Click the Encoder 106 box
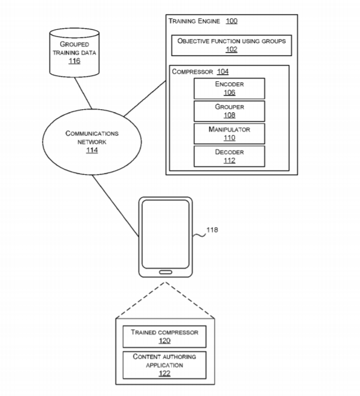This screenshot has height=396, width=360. point(229,88)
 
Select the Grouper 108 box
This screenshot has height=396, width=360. point(229,111)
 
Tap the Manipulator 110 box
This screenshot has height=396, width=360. point(229,134)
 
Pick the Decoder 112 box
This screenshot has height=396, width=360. point(229,157)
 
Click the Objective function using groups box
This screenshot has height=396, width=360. point(231,46)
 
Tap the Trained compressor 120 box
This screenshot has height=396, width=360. point(164,336)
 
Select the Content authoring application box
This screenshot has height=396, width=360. point(164,364)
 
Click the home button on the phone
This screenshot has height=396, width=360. point(165,272)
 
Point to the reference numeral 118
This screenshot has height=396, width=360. point(212,230)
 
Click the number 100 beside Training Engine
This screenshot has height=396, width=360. point(231,21)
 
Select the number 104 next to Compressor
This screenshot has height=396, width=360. point(222,71)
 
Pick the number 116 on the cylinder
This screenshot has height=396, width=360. point(74,61)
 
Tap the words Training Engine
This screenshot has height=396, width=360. point(194,21)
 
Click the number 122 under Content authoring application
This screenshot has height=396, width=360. point(164,373)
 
